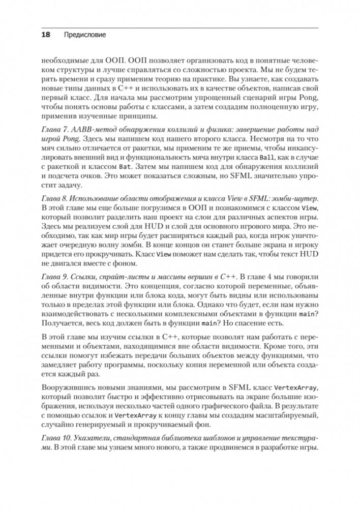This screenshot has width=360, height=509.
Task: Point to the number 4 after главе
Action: (x=269, y=276)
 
